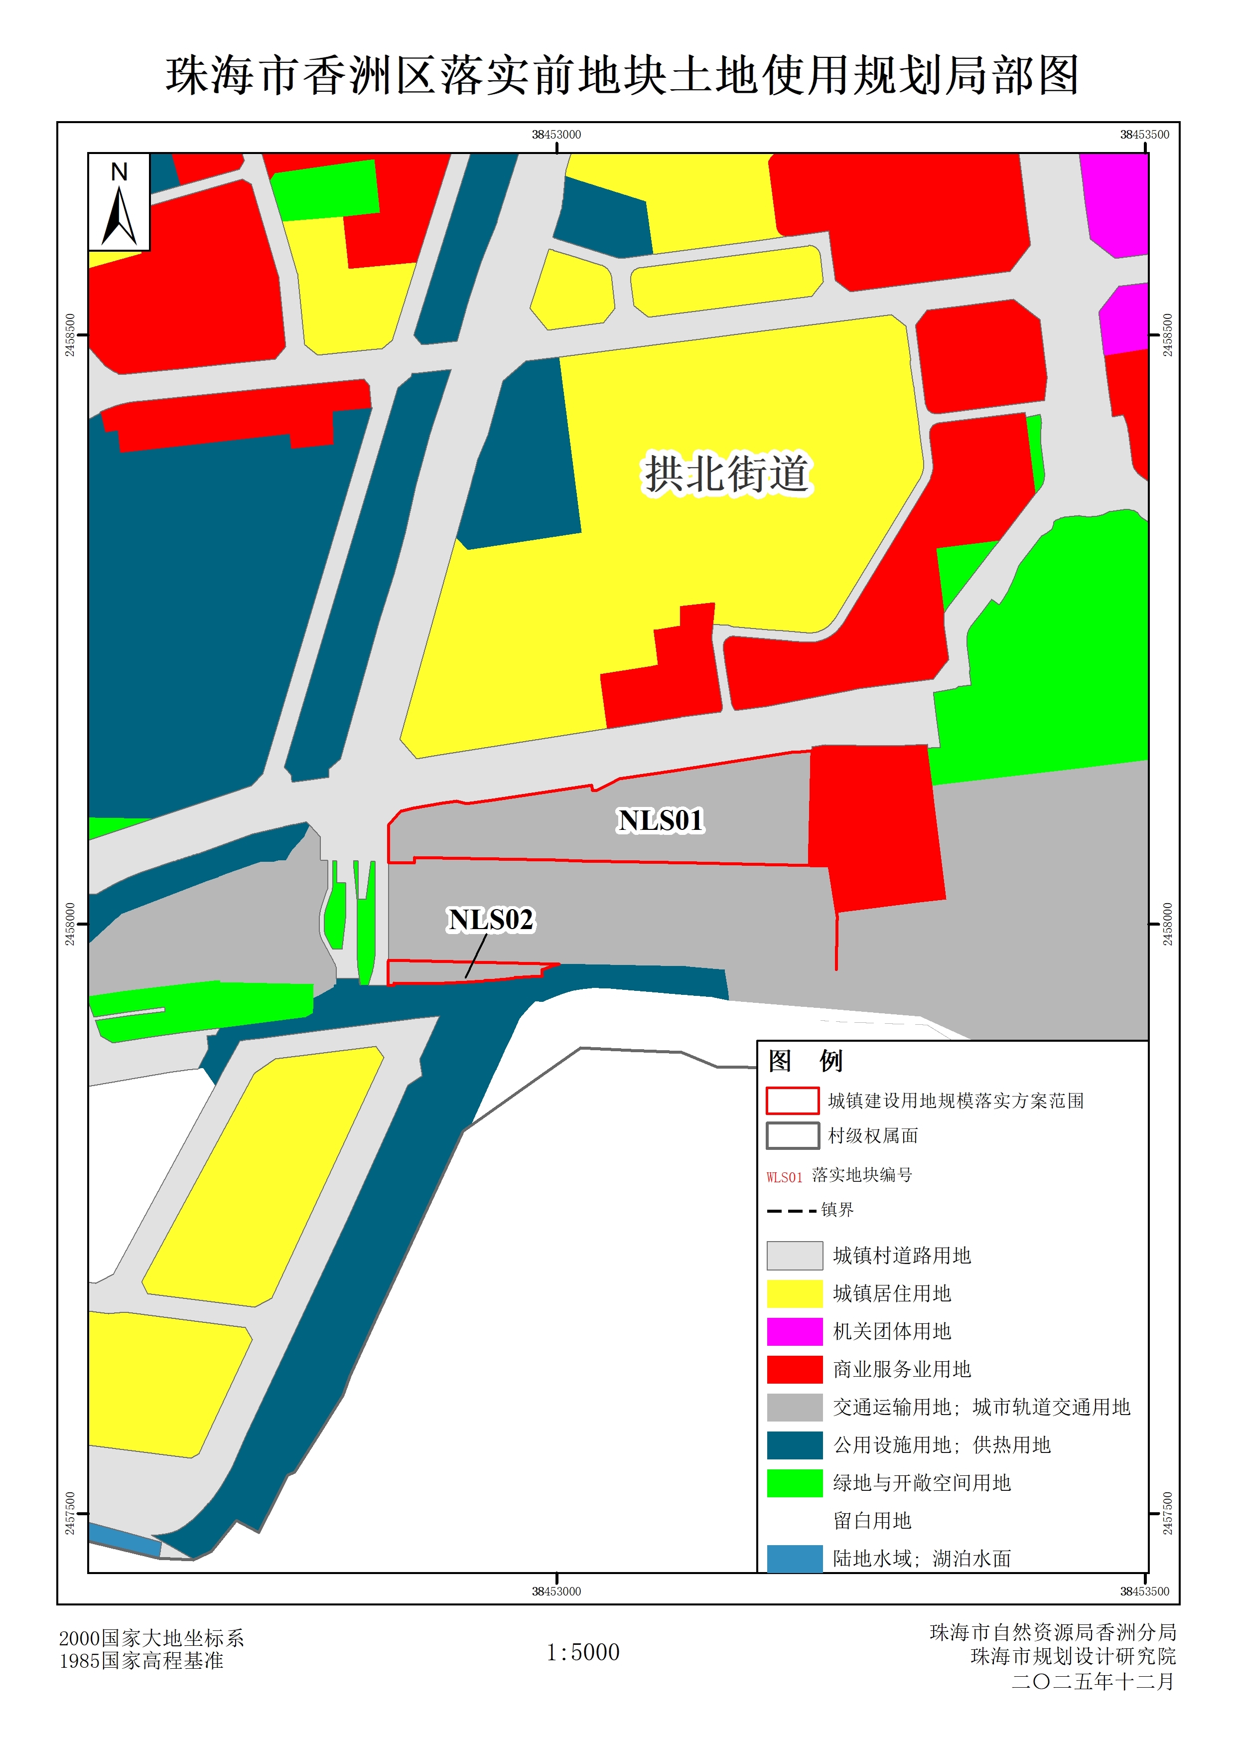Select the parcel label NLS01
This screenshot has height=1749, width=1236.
tap(660, 820)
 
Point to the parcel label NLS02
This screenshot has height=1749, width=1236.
tap(490, 920)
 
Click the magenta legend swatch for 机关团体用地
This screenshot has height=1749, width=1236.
tap(794, 1331)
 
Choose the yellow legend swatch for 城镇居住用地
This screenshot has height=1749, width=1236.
tap(794, 1293)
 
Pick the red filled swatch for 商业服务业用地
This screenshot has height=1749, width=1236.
tap(794, 1369)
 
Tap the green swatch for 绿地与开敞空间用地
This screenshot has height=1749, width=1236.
tap(794, 1482)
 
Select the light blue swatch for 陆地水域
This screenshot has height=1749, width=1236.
tap(794, 1558)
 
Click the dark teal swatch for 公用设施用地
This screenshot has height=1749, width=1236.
tap(794, 1444)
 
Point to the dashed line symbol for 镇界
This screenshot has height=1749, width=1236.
tap(791, 1210)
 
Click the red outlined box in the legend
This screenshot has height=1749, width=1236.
tap(792, 1101)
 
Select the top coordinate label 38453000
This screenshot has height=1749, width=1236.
tap(556, 135)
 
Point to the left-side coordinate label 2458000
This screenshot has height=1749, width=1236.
tap(70, 924)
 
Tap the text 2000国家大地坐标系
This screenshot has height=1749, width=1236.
tap(151, 1638)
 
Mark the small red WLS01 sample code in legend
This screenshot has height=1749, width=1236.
tap(785, 1177)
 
